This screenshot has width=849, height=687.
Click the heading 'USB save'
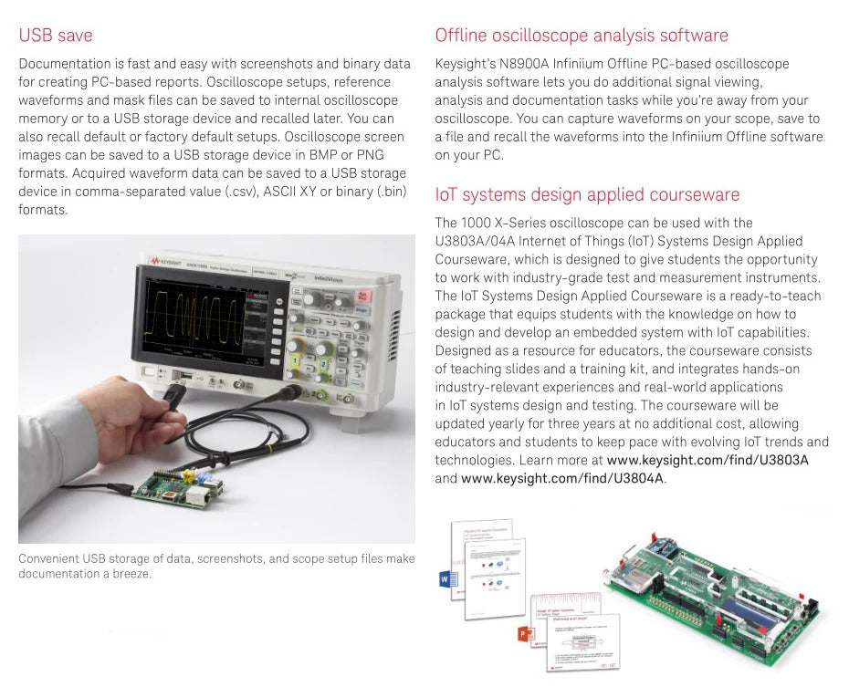tap(56, 36)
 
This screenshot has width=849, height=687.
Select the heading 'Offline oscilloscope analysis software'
tap(582, 36)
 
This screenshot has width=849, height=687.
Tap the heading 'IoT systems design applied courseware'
tap(587, 195)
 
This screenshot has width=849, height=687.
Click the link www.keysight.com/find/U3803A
tap(707, 461)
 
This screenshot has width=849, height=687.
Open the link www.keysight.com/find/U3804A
tap(562, 479)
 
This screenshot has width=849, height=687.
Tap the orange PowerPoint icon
tap(525, 633)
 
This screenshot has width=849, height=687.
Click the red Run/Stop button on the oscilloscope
tap(362, 295)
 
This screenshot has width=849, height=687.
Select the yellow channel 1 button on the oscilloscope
tap(295, 361)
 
